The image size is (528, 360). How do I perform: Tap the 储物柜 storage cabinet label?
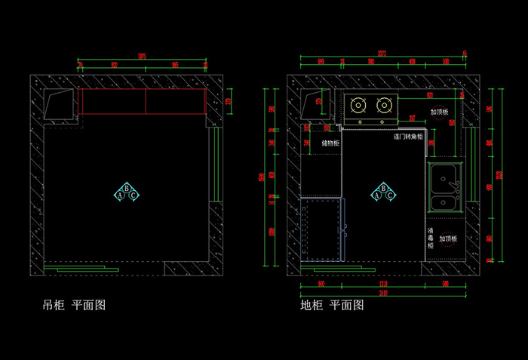[x=330, y=143]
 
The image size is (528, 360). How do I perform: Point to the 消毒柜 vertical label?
[x=431, y=238]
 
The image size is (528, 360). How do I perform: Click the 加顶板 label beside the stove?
[x=439, y=112]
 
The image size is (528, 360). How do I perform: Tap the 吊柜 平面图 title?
[x=73, y=305]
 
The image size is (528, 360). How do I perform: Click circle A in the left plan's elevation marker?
[x=120, y=195]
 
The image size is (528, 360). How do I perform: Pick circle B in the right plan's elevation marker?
[x=384, y=189]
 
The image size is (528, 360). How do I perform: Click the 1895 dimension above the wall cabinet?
[x=141, y=57]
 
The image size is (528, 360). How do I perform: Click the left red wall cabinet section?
[x=112, y=101]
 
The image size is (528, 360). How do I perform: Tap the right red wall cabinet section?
[x=175, y=101]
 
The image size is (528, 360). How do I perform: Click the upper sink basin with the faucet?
[x=444, y=177]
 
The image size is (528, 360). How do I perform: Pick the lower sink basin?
[x=444, y=202]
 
